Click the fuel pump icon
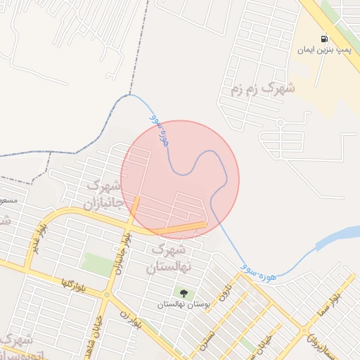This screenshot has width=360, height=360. [x=324, y=39]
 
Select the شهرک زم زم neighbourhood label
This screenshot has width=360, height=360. [x=262, y=89]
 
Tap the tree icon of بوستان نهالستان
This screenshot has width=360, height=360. [x=184, y=292]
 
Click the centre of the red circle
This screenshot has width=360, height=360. [x=180, y=179]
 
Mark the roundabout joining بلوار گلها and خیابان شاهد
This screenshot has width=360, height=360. [x=108, y=295]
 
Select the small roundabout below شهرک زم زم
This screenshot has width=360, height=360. [x=281, y=122]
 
